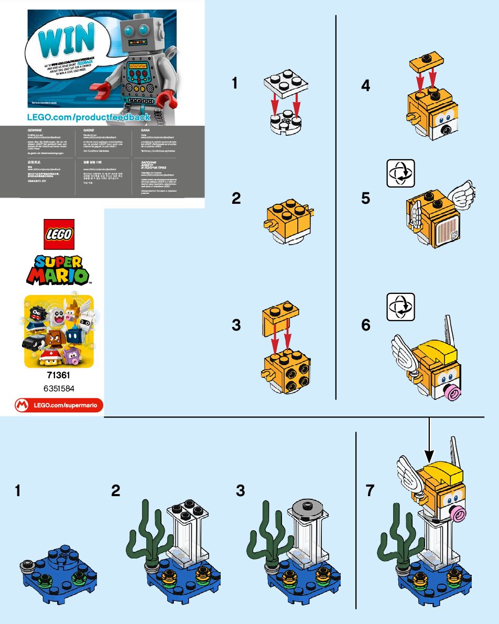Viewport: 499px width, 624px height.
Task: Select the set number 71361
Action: pyautogui.click(x=59, y=375)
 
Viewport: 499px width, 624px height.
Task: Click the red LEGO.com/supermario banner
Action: pyautogui.click(x=59, y=404)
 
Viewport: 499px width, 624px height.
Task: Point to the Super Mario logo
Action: pyautogui.click(x=59, y=269)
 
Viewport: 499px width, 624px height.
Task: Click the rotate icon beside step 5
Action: pyautogui.click(x=400, y=174)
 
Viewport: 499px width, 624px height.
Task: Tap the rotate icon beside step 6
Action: pyautogui.click(x=400, y=308)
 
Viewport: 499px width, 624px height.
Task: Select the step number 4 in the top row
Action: pyautogui.click(x=365, y=85)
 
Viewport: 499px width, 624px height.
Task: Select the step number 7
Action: pyautogui.click(x=371, y=491)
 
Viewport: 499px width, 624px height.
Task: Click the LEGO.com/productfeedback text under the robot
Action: pyautogui.click(x=89, y=117)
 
